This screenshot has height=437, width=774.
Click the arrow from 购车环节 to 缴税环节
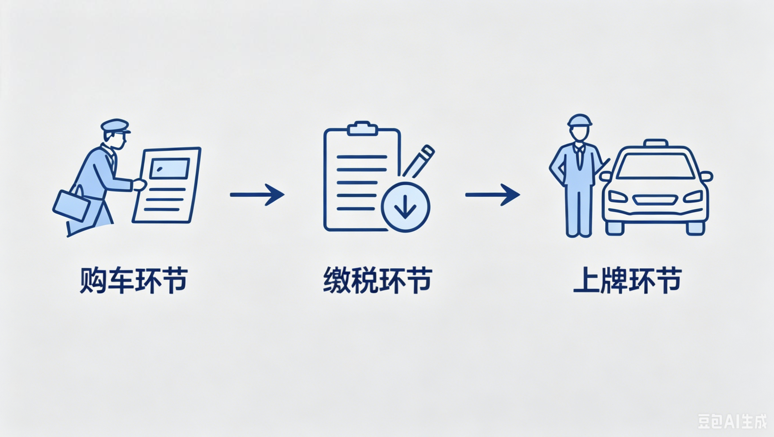click(257, 195)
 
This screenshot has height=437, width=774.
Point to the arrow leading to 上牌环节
click(492, 195)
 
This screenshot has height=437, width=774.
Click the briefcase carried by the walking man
click(72, 205)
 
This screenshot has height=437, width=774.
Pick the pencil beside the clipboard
click(419, 161)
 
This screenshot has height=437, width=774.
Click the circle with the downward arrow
click(405, 207)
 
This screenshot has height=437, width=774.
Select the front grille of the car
click(655, 199)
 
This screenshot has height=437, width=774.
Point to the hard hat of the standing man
click(580, 120)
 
